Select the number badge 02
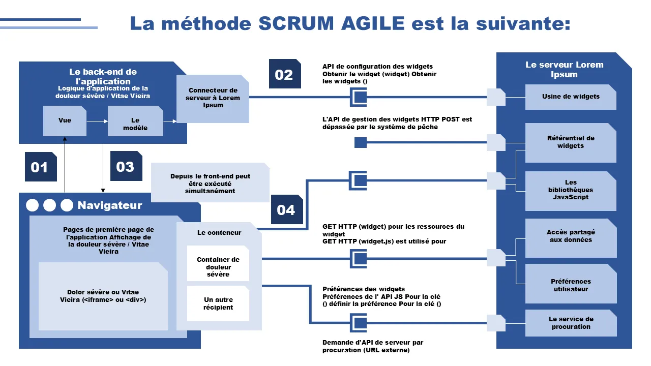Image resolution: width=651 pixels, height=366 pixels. (x=285, y=74)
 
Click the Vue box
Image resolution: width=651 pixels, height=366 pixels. (x=65, y=121)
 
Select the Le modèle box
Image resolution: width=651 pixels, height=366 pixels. (x=135, y=121)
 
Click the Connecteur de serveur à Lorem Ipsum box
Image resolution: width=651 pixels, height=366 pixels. (x=213, y=99)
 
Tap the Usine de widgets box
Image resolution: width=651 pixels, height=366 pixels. (x=571, y=97)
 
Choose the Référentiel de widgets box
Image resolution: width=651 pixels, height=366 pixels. (x=571, y=142)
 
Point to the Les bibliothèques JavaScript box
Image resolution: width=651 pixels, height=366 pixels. (x=571, y=190)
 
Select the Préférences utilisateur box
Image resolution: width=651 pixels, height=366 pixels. (x=571, y=286)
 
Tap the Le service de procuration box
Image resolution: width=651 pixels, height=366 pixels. (x=571, y=323)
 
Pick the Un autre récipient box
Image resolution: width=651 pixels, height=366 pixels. (x=218, y=303)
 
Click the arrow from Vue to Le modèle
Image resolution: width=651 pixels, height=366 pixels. (x=97, y=121)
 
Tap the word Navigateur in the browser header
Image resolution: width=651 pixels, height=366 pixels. (x=110, y=205)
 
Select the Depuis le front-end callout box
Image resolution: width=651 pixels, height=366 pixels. (x=210, y=183)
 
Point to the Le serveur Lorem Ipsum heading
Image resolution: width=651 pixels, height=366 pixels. (x=564, y=70)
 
